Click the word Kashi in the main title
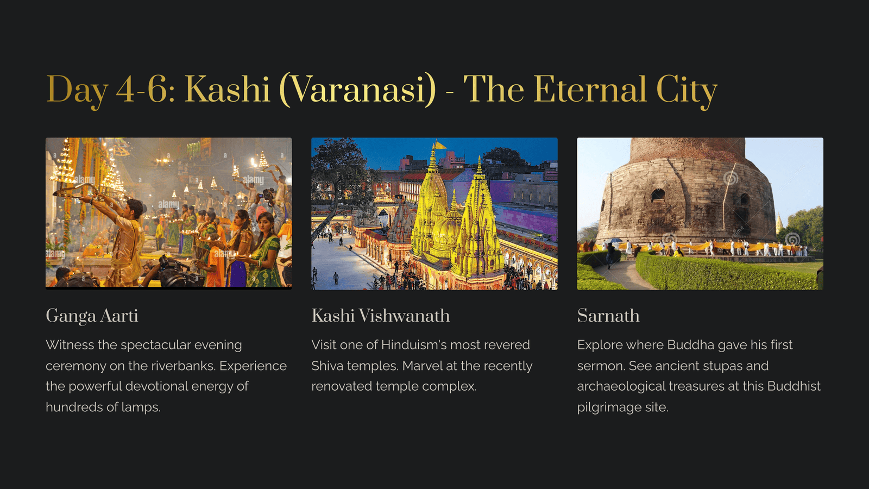coord(227,90)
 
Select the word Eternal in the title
coord(590,90)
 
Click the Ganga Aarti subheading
coord(92,316)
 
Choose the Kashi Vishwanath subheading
coord(381,316)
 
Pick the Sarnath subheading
coord(608,316)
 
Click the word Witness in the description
coord(70,344)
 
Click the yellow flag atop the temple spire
coord(440,145)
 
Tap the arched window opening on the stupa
coord(658,195)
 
